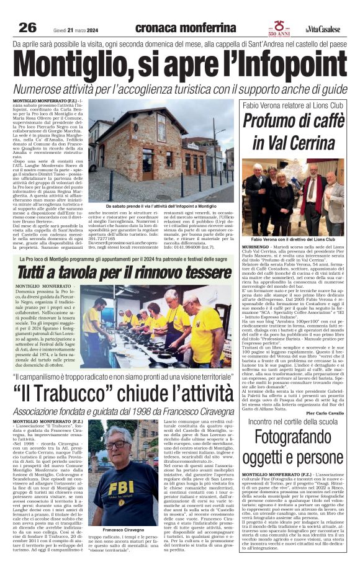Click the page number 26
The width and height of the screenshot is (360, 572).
pyautogui.click(x=27, y=27)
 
